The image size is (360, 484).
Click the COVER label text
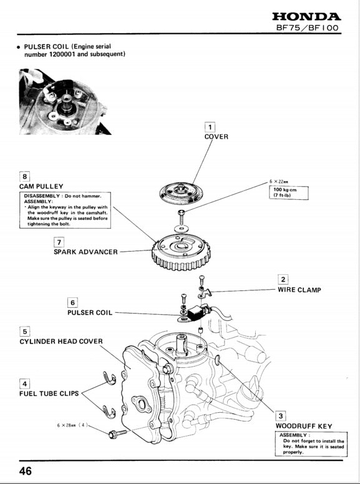coord(216,136)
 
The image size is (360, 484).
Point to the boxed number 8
coord(24,175)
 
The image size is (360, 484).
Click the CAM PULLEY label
coord(41,186)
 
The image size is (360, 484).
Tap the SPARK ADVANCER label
coord(85,252)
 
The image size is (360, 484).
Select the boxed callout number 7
coord(59,242)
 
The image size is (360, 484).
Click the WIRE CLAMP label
coord(299,290)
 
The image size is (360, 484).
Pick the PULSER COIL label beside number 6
coord(90,312)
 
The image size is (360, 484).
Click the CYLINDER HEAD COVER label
coord(61,342)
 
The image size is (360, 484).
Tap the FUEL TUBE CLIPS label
coord(49,393)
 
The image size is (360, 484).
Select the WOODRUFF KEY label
coord(304,427)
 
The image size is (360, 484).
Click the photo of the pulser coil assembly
coord(65,102)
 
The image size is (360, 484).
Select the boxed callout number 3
coord(281,416)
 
